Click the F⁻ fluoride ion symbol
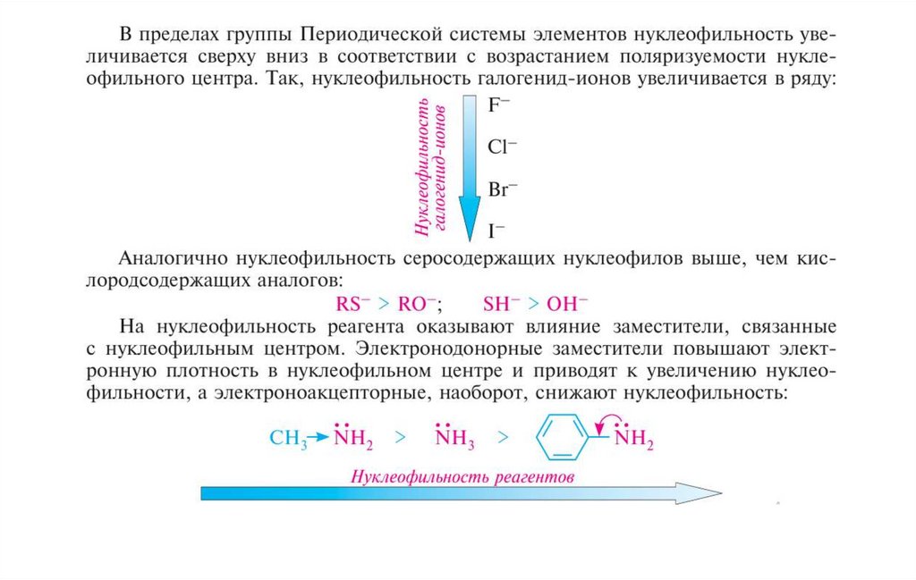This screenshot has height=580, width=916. [499, 105]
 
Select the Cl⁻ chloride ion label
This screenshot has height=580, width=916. [503, 147]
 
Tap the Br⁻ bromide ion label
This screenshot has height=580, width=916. [503, 189]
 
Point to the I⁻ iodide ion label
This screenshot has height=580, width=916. [496, 231]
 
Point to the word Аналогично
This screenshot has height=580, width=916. [171, 259]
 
